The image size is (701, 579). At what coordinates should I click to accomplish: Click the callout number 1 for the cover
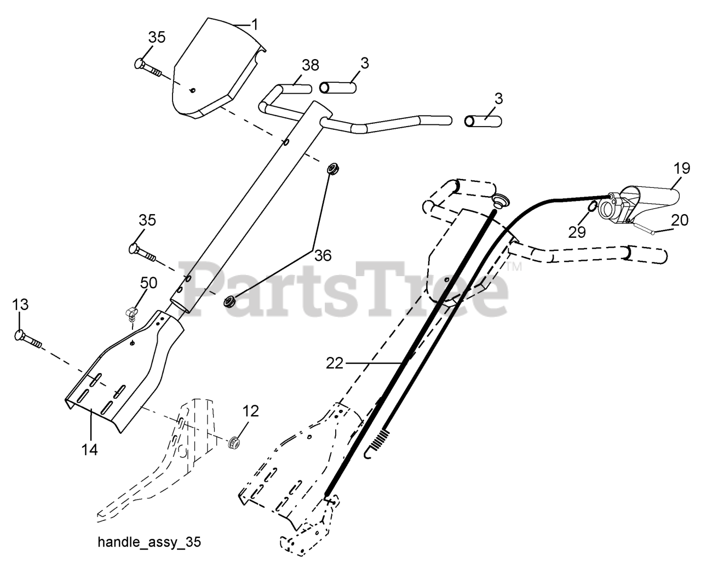pos(255,24)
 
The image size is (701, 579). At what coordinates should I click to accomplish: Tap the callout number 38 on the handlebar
pos(309,65)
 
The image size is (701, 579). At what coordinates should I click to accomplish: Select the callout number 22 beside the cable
pos(335,363)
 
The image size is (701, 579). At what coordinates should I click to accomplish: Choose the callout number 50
pos(149,283)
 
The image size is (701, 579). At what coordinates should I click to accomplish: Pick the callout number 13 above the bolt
pos(20,305)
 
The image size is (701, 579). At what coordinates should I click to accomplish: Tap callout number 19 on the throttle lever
pos(681,168)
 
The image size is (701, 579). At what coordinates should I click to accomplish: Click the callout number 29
pos(577,232)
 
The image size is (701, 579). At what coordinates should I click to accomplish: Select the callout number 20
pos(680,220)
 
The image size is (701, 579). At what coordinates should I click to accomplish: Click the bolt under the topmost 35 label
pos(147,67)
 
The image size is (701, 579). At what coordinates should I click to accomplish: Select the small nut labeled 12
pos(235,441)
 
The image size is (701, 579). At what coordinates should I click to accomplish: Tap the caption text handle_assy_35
pos(149,542)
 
